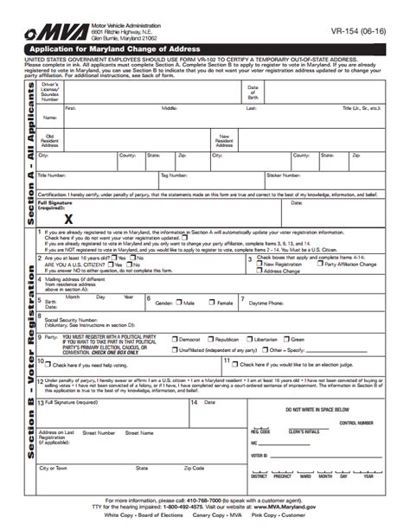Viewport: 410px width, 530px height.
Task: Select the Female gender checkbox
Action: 213,303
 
